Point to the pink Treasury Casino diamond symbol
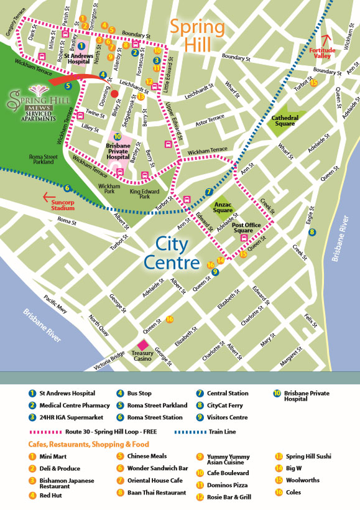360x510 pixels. click(x=142, y=345)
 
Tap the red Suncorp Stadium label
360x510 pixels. click(x=66, y=202)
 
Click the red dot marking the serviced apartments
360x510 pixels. click(x=114, y=94)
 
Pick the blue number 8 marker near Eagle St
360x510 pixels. click(x=312, y=232)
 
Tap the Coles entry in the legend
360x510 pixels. click(x=293, y=492)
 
